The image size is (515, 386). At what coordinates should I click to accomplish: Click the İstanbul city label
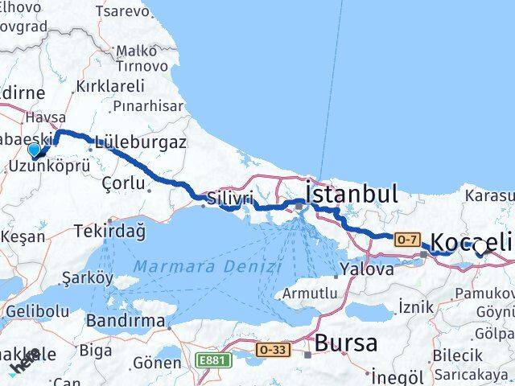tap(352, 194)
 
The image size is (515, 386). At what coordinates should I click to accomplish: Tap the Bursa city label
tap(345, 343)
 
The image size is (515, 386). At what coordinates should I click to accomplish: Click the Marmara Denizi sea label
tap(207, 266)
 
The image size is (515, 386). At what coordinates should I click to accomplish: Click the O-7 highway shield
tap(406, 238)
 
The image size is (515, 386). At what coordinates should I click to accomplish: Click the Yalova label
tap(367, 269)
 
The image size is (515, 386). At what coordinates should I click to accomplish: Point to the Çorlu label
tap(119, 183)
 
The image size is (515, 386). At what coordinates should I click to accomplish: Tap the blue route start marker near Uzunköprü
tap(34, 150)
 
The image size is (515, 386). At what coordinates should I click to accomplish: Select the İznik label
tap(416, 306)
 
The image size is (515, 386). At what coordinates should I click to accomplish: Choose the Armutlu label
tap(310, 294)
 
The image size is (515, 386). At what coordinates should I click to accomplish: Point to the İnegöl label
tap(398, 376)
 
